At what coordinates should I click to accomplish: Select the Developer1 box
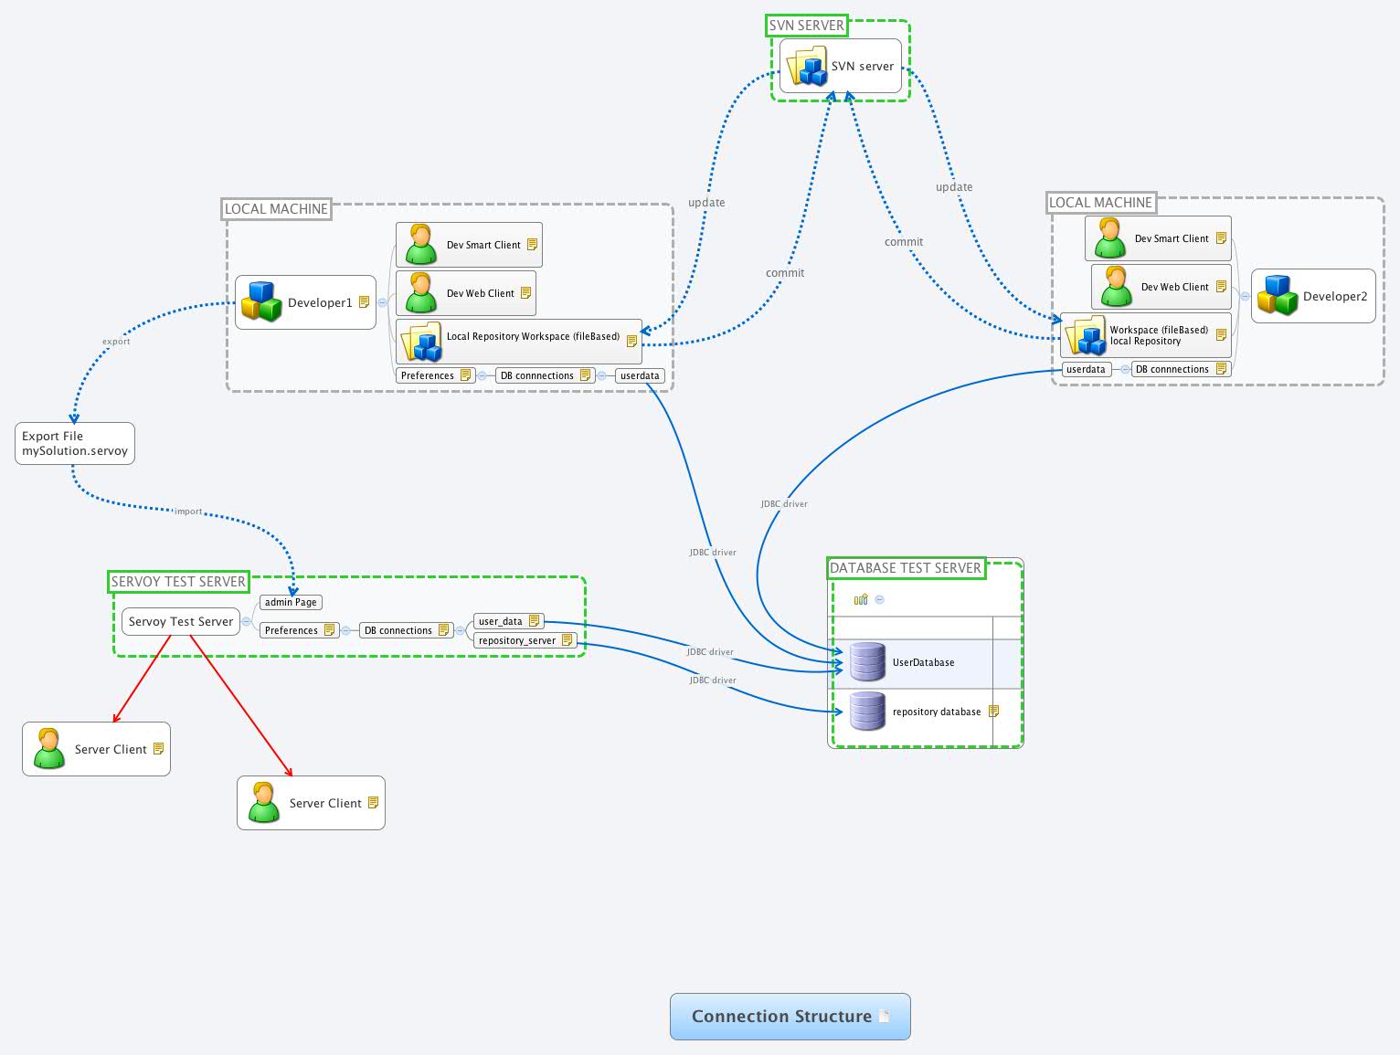305,302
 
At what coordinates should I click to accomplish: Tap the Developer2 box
1313,296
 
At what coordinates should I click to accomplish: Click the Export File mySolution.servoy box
75,443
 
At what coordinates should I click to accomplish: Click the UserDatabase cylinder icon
867,662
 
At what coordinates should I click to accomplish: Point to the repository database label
936,712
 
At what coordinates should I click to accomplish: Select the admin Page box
291,602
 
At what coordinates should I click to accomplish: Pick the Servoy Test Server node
181,621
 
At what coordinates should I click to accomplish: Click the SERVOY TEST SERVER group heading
178,581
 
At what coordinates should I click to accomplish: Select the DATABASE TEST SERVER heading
905,567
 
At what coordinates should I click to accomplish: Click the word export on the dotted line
116,342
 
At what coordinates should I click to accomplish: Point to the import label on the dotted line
188,512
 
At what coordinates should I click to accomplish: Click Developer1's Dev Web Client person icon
420,292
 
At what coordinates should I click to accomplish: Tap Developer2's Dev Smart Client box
1158,238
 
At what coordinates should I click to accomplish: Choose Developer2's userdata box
1086,369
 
